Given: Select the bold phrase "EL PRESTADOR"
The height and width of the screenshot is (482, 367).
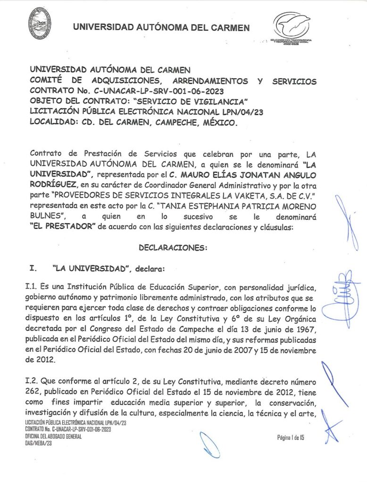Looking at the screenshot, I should pos(63,226).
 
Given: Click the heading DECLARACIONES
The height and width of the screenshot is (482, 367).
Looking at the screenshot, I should pos(173,247).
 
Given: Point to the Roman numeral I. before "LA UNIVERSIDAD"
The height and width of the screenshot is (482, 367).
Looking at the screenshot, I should pos(33,269).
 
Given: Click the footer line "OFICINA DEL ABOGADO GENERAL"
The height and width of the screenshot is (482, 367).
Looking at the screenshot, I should pos(53,436).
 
